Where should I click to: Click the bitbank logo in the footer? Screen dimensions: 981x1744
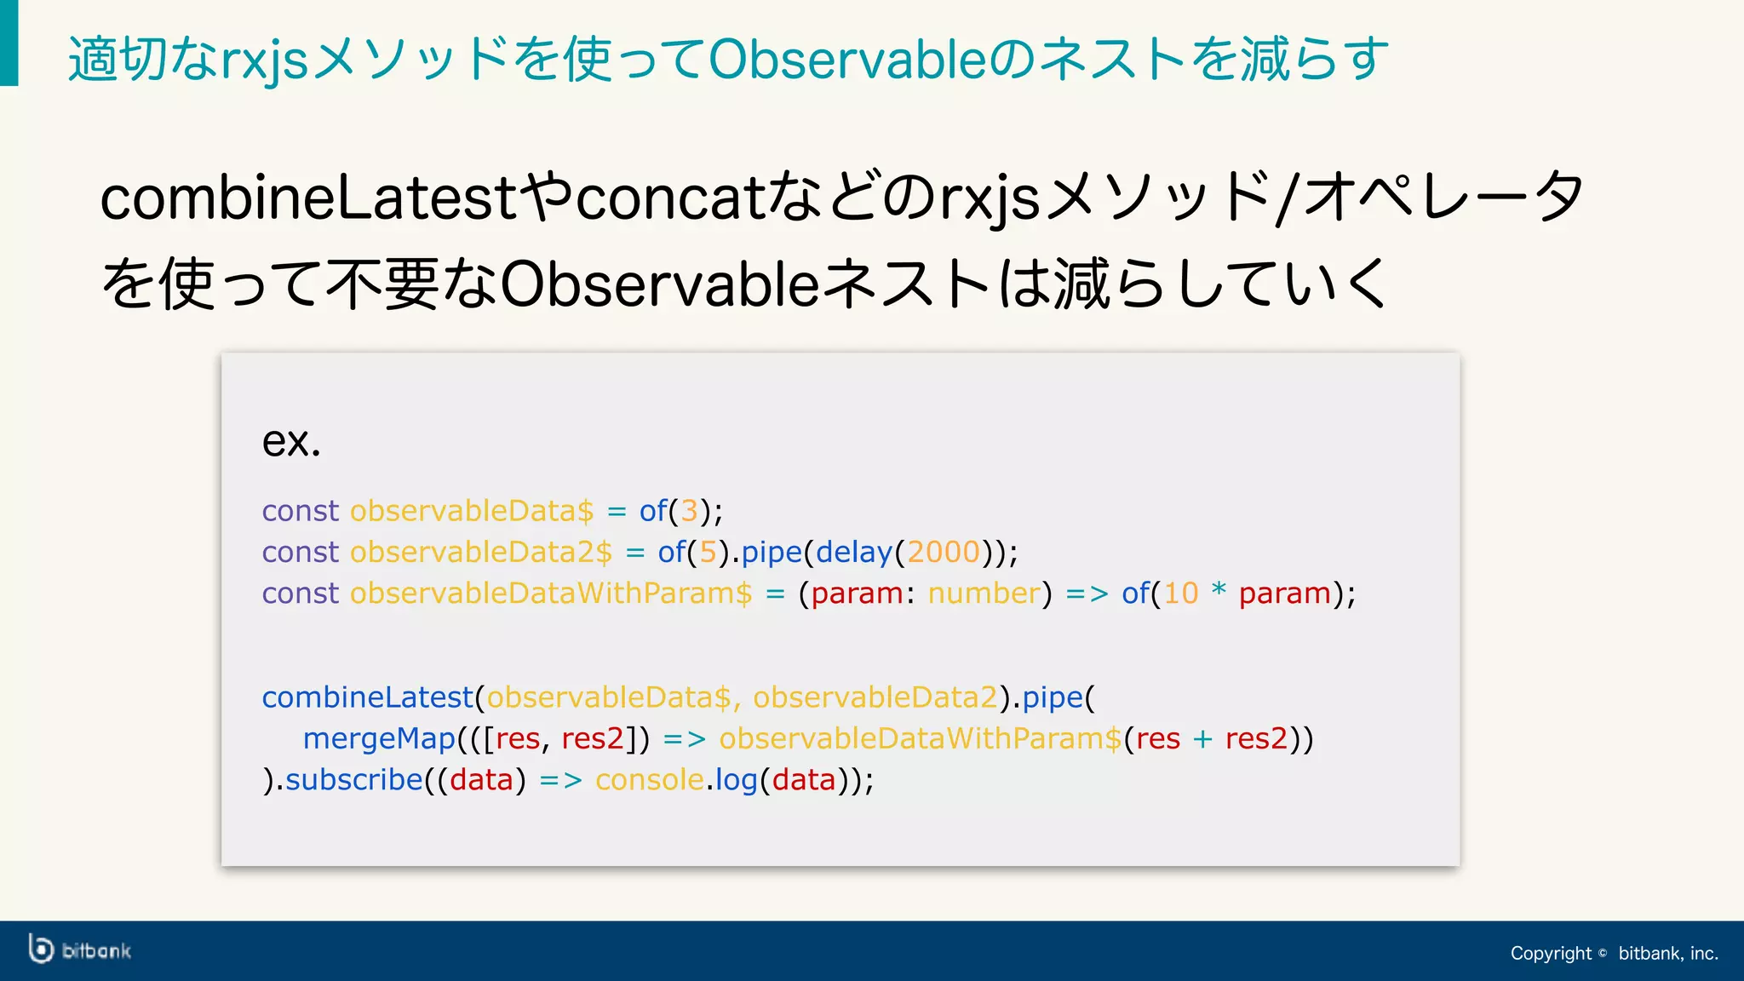(x=80, y=949)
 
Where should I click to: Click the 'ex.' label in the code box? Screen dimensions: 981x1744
(x=290, y=441)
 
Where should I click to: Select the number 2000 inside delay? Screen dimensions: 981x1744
(x=943, y=552)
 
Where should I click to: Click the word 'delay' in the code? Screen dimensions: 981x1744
(x=853, y=552)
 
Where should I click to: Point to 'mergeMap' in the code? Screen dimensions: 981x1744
(x=379, y=738)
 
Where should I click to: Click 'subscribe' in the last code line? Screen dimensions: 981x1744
(x=353, y=779)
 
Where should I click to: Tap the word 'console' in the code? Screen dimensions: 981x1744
(x=649, y=779)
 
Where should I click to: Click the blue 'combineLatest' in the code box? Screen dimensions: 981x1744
(x=367, y=697)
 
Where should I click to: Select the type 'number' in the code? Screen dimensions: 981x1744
(x=984, y=593)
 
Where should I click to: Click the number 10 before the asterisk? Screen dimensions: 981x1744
(x=1180, y=593)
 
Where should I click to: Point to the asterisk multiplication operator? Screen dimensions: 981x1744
(x=1219, y=589)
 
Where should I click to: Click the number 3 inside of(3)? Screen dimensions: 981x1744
(x=689, y=511)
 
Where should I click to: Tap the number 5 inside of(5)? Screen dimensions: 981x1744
(x=708, y=552)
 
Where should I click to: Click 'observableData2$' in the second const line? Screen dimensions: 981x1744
(x=481, y=552)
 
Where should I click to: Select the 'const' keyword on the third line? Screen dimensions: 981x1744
(x=300, y=593)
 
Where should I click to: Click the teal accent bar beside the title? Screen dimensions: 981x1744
(x=9, y=43)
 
